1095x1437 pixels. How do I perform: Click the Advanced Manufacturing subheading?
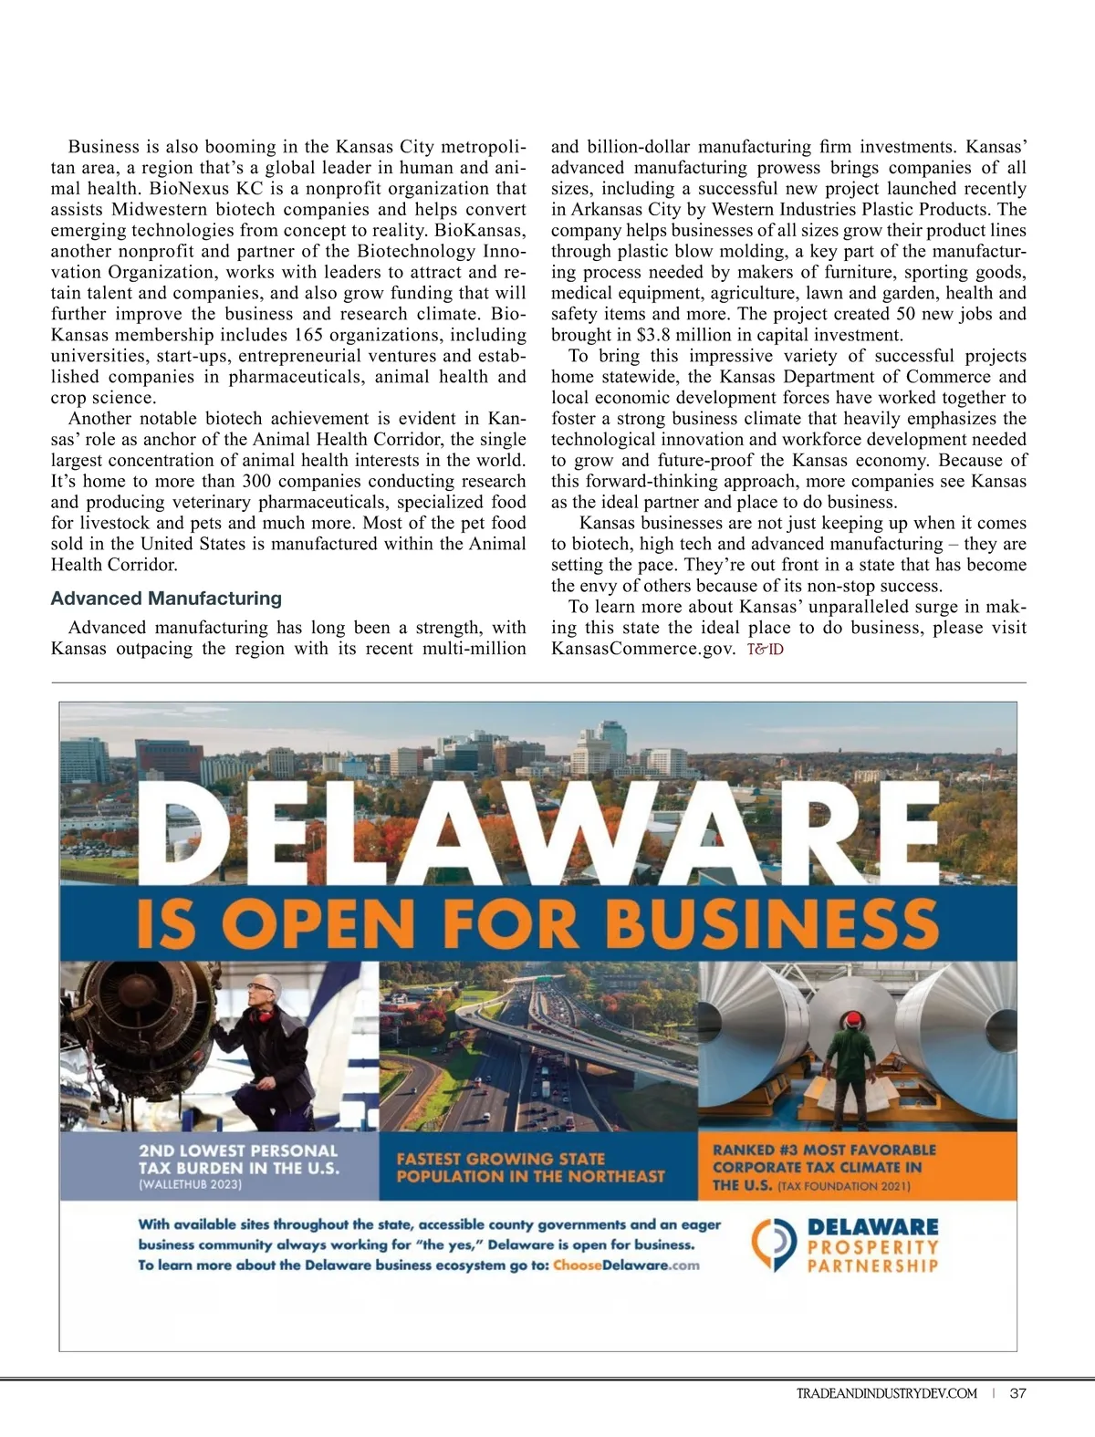click(166, 599)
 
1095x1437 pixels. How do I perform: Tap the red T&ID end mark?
click(765, 650)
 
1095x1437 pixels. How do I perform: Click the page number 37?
click(1018, 1393)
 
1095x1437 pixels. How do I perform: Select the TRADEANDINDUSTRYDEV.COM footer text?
click(887, 1393)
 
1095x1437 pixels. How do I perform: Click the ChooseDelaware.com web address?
click(626, 1265)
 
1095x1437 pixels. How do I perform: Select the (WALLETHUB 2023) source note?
click(190, 1184)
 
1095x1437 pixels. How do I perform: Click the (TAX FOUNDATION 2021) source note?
click(844, 1186)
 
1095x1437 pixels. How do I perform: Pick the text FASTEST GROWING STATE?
click(501, 1159)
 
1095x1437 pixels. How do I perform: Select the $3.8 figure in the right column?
click(655, 335)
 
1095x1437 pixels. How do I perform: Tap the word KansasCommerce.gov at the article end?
click(642, 649)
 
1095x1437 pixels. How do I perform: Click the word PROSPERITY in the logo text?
click(872, 1246)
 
